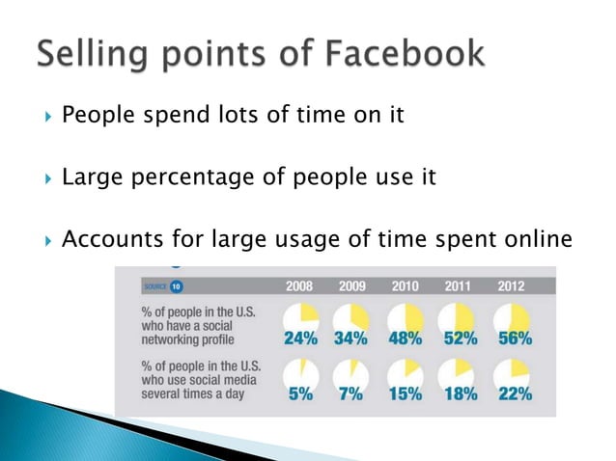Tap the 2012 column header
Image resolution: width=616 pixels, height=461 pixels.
click(511, 286)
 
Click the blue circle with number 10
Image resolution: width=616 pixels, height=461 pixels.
click(177, 286)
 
